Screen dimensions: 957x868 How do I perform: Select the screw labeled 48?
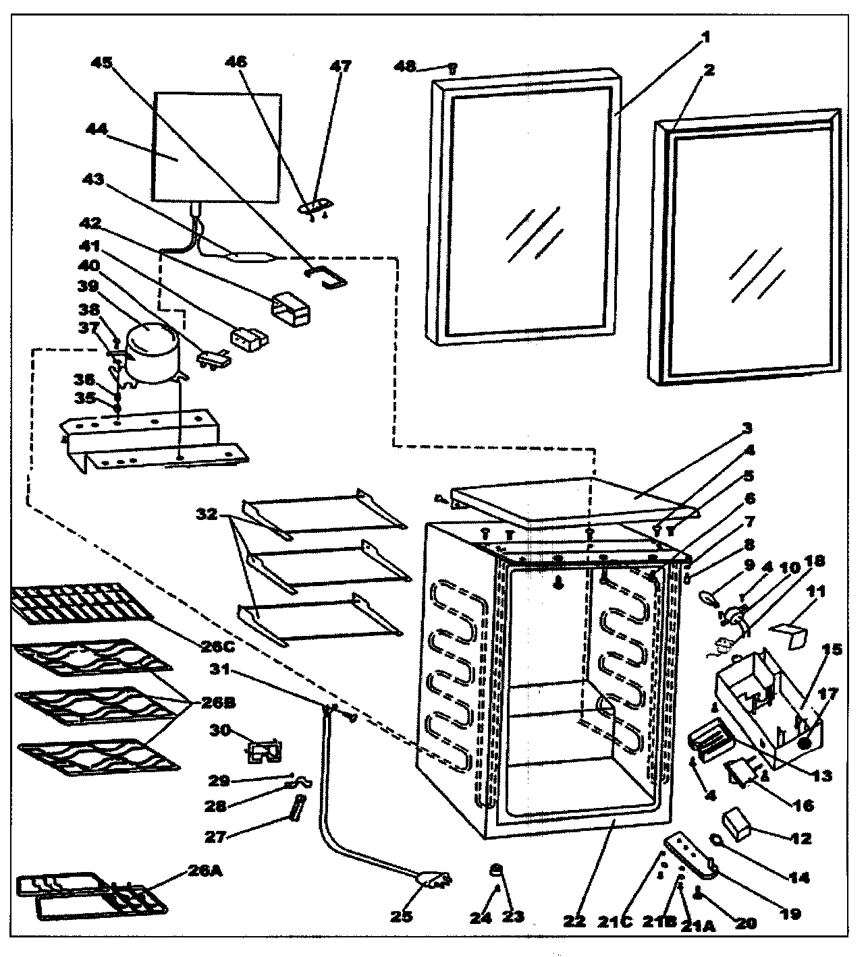[x=453, y=67]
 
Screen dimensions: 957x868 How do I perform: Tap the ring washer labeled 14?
[x=715, y=840]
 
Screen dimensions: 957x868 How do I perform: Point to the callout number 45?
[x=102, y=63]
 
